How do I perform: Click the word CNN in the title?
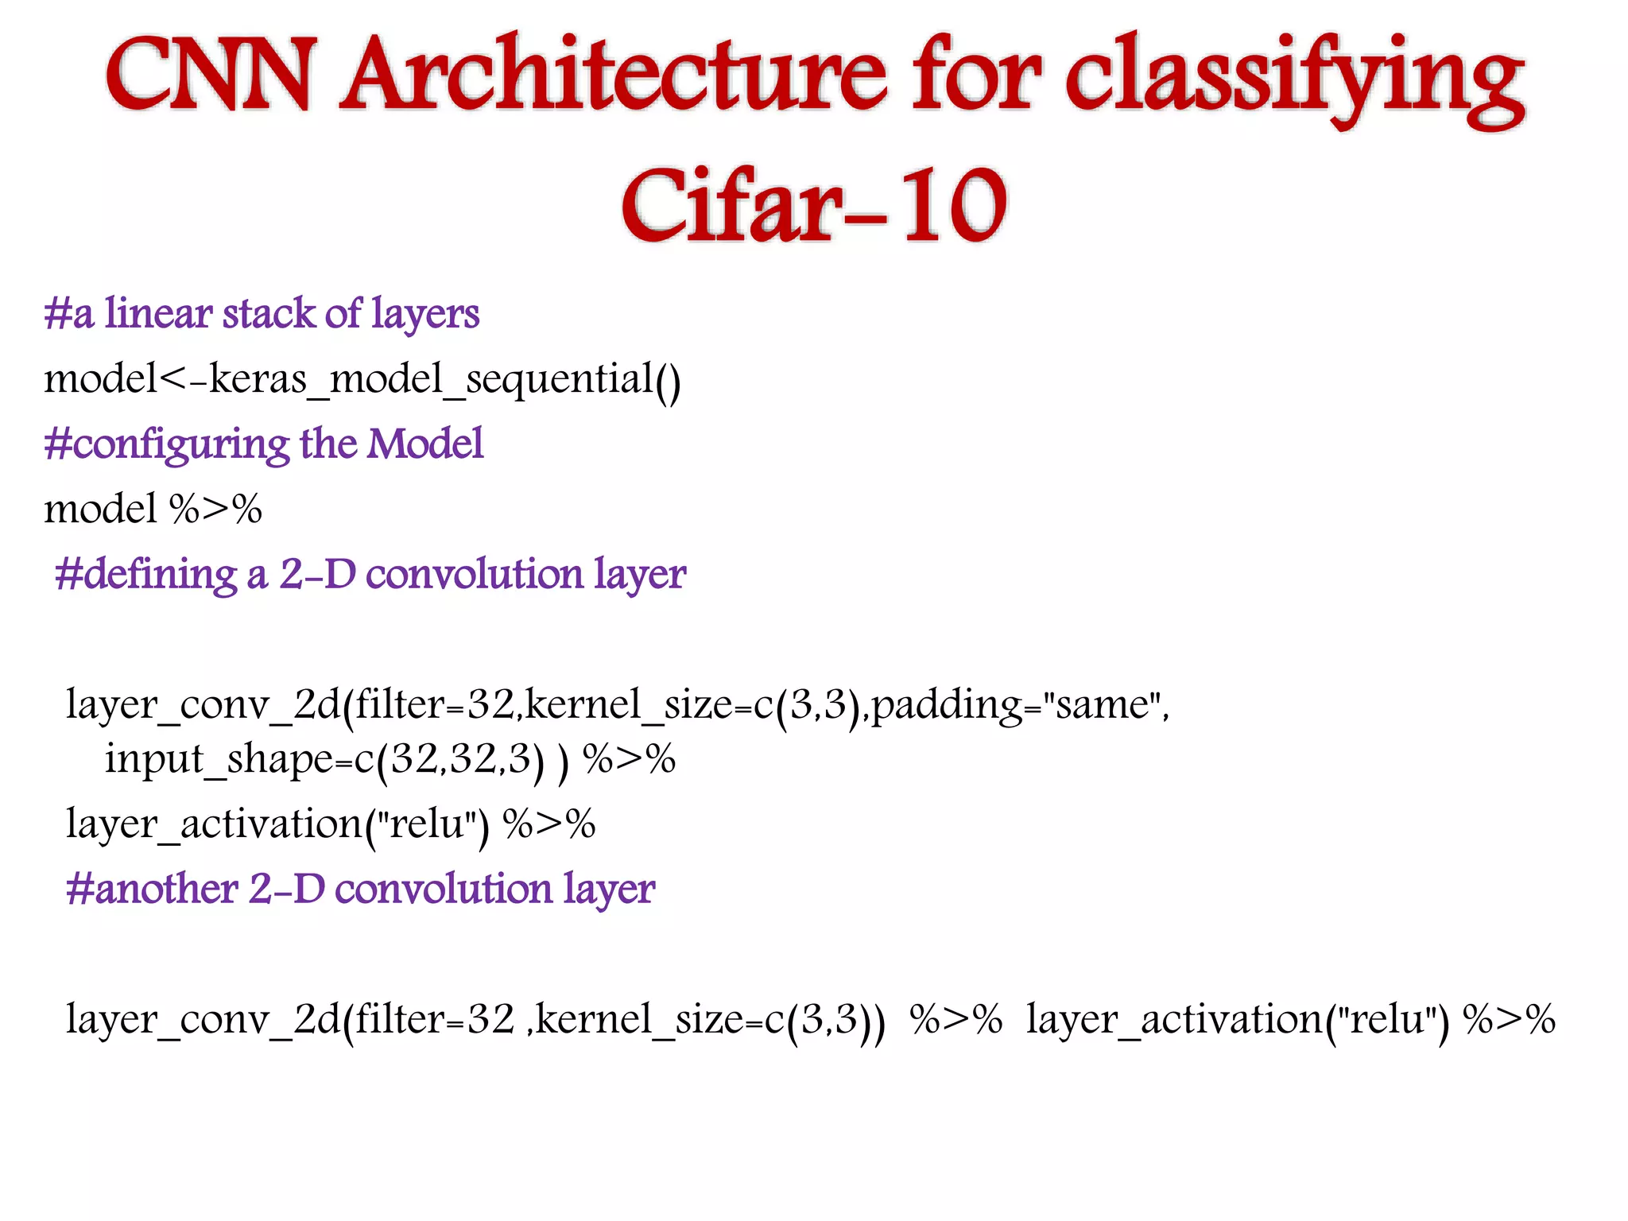tap(208, 76)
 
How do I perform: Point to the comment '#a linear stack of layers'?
tap(262, 313)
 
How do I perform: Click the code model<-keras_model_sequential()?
tap(362, 379)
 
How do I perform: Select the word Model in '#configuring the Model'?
tap(424, 444)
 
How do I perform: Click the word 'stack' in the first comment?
tap(269, 313)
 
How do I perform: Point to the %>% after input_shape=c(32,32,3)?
tap(629, 759)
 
